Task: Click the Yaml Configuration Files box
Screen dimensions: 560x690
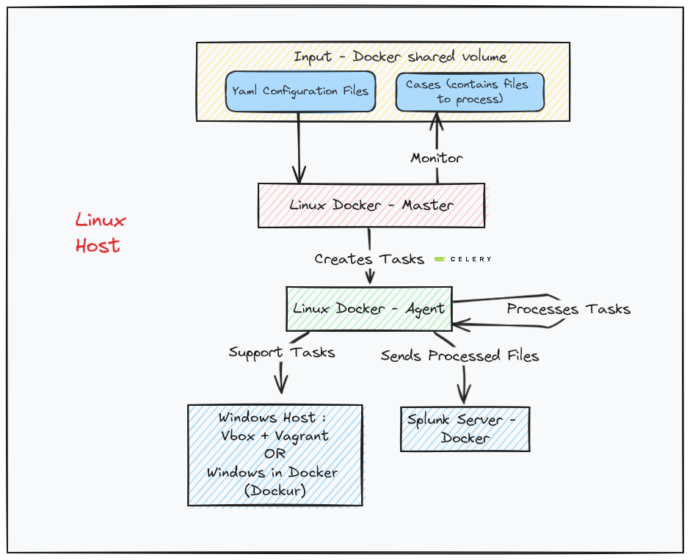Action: pos(300,91)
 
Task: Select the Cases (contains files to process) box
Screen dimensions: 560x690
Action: pos(470,91)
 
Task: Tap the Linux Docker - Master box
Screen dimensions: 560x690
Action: pos(371,205)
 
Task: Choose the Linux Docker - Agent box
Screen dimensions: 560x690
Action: pos(368,308)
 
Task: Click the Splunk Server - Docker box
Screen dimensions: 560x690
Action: pos(465,429)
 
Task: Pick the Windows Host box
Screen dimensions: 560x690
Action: pos(275,454)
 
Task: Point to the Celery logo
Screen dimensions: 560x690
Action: pos(462,259)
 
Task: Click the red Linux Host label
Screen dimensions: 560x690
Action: pos(101,233)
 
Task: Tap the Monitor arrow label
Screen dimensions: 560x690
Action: pos(436,158)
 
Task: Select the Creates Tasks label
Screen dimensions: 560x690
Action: pos(369,259)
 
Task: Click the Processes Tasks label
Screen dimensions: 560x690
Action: pos(568,309)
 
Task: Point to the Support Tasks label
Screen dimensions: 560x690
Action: pos(282,352)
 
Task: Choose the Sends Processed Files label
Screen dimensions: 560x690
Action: pos(460,356)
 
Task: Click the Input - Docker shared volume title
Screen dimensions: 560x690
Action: pos(400,57)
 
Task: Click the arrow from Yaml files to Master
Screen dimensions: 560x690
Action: pos(299,147)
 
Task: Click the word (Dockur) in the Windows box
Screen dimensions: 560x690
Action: pos(275,491)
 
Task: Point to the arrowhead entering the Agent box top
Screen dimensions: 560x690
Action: pos(370,278)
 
